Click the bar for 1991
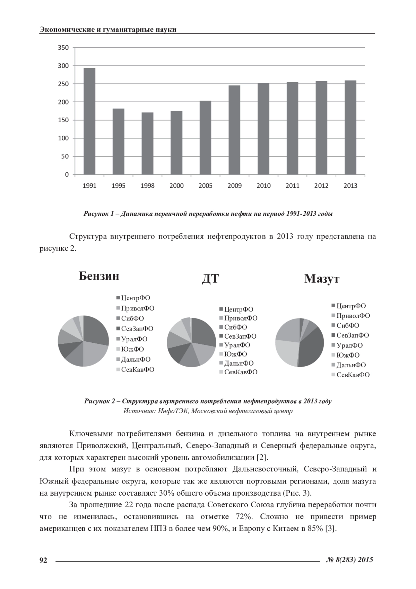click(x=89, y=121)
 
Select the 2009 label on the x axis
click(x=235, y=186)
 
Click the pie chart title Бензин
click(x=99, y=276)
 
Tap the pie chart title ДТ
click(x=210, y=279)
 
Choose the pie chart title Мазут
click(x=322, y=279)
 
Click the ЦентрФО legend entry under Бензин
click(x=135, y=298)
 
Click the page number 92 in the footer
click(x=43, y=560)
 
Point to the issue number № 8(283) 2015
click(x=350, y=560)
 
